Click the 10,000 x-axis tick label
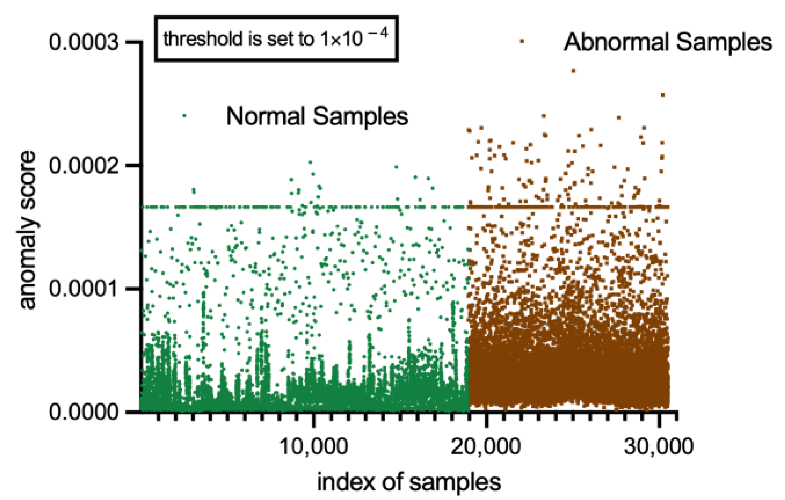313,446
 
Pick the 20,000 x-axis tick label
486,446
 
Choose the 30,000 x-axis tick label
658,446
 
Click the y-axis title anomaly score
27,230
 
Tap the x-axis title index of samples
409,482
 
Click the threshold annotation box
276,39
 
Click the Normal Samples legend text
317,116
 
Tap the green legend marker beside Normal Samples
184,115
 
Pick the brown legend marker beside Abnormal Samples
522,41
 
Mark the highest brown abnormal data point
574,71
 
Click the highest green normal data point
310,162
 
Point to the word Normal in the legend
266,116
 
